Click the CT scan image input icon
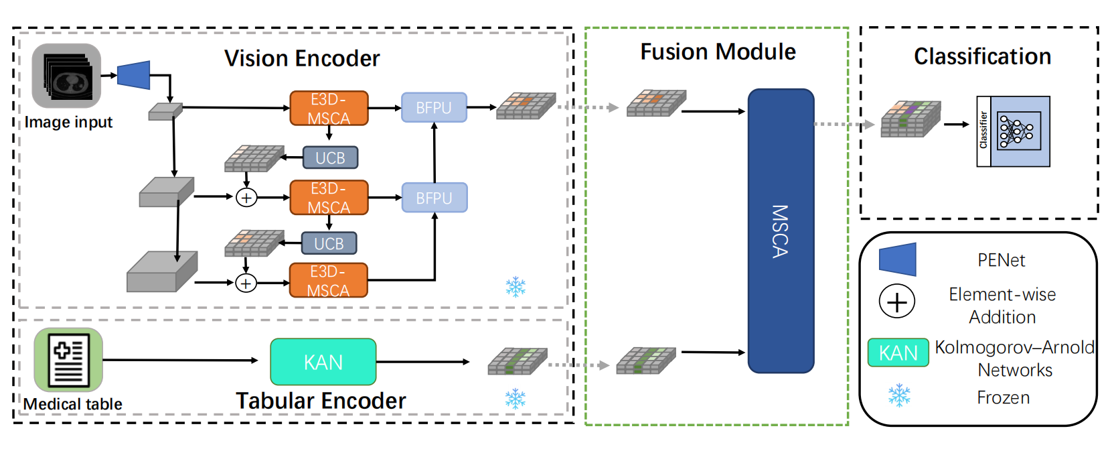pos(66,76)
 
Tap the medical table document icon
pos(68,360)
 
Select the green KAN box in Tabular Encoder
pos(323,362)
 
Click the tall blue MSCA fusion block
pos(781,231)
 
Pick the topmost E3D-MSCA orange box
pos(329,109)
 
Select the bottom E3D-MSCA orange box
pos(328,280)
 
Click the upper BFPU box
pos(434,107)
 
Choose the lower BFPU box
pos(434,198)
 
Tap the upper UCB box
pos(330,157)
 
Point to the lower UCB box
pos(329,243)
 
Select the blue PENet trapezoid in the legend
pos(897,260)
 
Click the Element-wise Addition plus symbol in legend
pos(896,302)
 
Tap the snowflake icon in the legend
pos(899,395)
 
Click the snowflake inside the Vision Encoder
pos(515,287)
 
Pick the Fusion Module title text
pos(718,52)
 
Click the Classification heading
pos(982,56)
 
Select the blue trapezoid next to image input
pos(134,75)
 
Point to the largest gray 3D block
pos(161,271)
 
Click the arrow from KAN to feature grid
pos(422,362)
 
